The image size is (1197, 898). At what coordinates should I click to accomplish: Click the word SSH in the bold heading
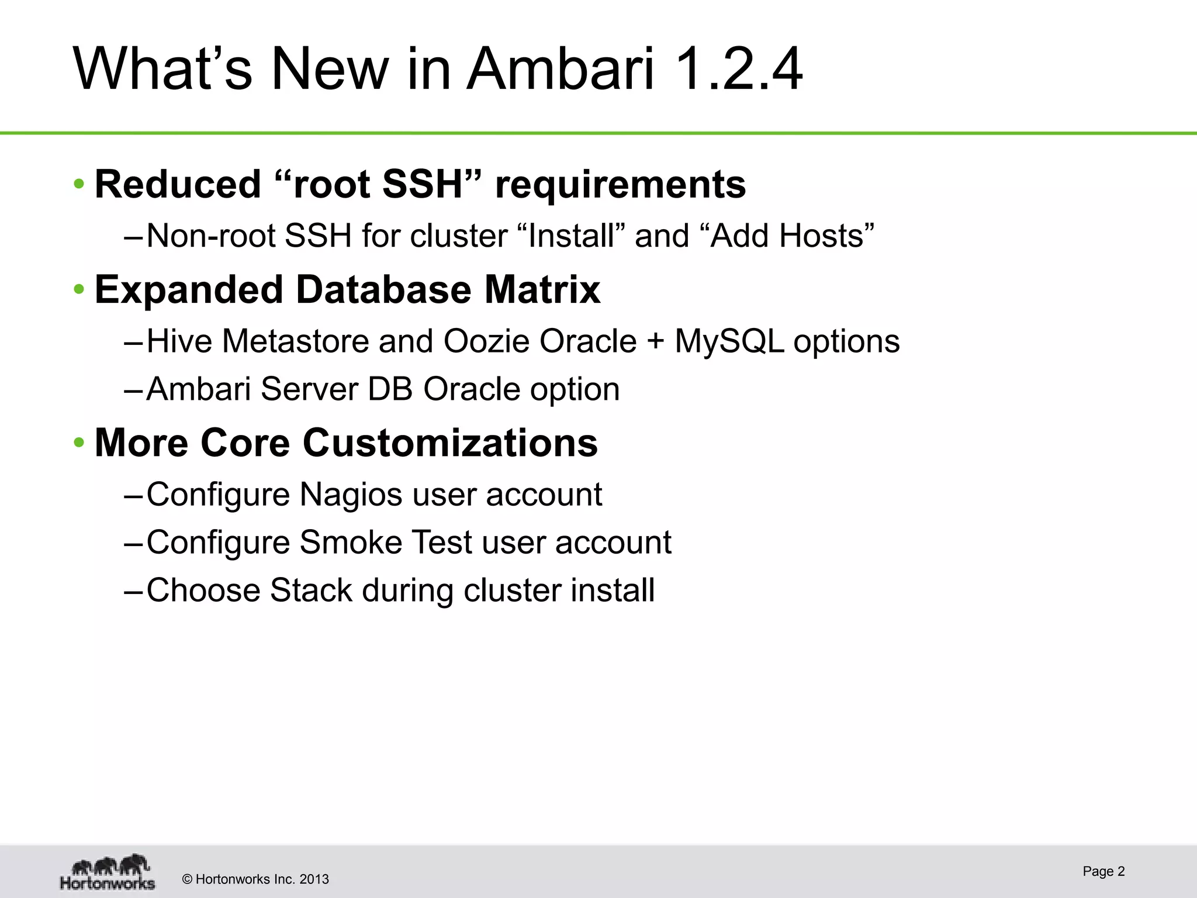point(422,184)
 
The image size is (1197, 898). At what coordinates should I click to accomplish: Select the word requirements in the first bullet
point(620,184)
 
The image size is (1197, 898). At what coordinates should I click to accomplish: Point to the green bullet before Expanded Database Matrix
point(79,289)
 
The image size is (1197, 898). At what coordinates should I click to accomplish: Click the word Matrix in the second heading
point(542,289)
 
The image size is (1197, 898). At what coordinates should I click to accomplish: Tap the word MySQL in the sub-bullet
point(728,341)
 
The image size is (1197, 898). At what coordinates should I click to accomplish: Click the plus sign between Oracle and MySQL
point(655,342)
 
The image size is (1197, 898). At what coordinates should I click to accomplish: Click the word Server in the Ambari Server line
point(309,389)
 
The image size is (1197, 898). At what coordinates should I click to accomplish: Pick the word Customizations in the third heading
point(450,443)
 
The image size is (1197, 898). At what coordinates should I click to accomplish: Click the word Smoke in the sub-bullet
point(350,542)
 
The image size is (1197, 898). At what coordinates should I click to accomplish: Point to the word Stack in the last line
point(311,590)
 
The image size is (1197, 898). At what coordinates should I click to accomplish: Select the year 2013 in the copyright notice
point(314,879)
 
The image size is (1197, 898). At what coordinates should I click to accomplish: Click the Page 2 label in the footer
point(1103,871)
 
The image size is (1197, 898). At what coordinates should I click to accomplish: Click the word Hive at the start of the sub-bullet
point(179,341)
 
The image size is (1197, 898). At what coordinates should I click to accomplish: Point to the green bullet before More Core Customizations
point(79,443)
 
